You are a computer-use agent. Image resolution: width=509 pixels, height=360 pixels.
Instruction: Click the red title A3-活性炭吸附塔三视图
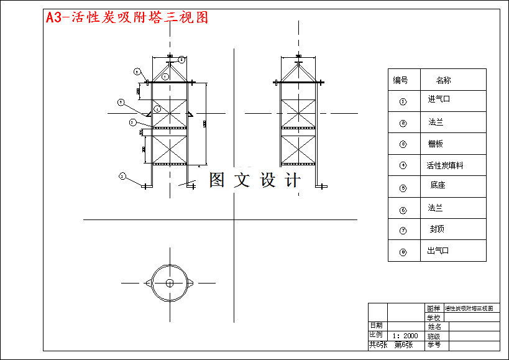pyautogui.click(x=127, y=17)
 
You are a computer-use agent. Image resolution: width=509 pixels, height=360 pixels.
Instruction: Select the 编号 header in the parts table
pyautogui.click(x=400, y=80)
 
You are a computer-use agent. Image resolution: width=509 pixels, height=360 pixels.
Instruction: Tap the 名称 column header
pyautogui.click(x=443, y=80)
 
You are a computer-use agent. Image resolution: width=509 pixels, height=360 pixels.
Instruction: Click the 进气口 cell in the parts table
pyautogui.click(x=439, y=99)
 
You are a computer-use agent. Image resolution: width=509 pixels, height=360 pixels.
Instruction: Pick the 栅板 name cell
pyautogui.click(x=436, y=144)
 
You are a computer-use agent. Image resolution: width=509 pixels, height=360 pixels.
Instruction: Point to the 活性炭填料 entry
pyautogui.click(x=444, y=165)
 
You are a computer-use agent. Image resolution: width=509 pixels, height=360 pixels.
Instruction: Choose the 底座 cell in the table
pyautogui.click(x=438, y=185)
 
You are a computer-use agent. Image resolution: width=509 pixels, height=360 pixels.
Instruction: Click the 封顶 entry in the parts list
pyautogui.click(x=438, y=229)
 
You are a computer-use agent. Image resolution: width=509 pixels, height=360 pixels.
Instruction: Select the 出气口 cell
pyautogui.click(x=438, y=251)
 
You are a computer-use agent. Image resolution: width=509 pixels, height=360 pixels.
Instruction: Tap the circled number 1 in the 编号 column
pyautogui.click(x=403, y=101)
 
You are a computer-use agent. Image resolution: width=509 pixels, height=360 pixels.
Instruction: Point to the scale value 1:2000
pyautogui.click(x=405, y=335)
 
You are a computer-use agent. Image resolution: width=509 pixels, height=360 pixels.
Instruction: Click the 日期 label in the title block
pyautogui.click(x=377, y=325)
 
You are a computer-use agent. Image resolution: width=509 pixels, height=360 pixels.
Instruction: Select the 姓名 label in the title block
pyautogui.click(x=434, y=326)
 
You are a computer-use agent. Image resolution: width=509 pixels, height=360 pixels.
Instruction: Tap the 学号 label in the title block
pyautogui.click(x=434, y=344)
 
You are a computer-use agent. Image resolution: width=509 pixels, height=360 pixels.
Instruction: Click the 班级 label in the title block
pyautogui.click(x=434, y=336)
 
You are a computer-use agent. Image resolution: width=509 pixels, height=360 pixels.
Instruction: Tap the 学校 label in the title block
pyautogui.click(x=434, y=318)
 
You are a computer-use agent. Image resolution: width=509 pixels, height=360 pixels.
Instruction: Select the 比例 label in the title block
pyautogui.click(x=377, y=335)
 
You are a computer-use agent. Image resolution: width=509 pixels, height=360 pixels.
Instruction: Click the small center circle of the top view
pyautogui.click(x=170, y=283)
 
